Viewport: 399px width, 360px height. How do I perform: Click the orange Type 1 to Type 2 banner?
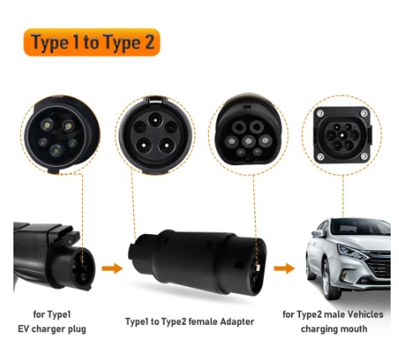tap(92, 42)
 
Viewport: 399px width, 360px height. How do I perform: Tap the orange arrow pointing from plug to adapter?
tap(112, 269)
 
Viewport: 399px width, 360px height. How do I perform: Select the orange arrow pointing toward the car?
tap(284, 269)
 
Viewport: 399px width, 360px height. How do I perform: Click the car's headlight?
tap(352, 252)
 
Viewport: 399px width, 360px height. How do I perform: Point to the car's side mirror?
tap(317, 233)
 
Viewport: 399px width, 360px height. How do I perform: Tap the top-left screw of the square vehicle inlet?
tap(320, 113)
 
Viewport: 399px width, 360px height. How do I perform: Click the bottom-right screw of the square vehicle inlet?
tap(364, 157)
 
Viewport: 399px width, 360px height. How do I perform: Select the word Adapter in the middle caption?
tap(237, 321)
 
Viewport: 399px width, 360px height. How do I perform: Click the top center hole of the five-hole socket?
tap(155, 119)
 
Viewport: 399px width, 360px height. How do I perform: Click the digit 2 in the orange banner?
tap(149, 43)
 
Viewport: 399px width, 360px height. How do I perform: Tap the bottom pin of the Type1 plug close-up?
tap(56, 151)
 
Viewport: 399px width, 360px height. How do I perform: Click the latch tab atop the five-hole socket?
tap(156, 100)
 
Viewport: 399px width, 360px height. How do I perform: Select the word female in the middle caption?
tap(203, 321)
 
